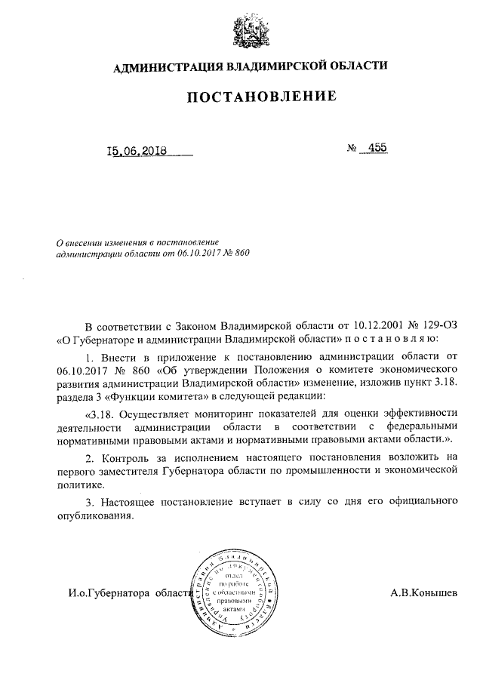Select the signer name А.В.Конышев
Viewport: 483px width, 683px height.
coord(423,592)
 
